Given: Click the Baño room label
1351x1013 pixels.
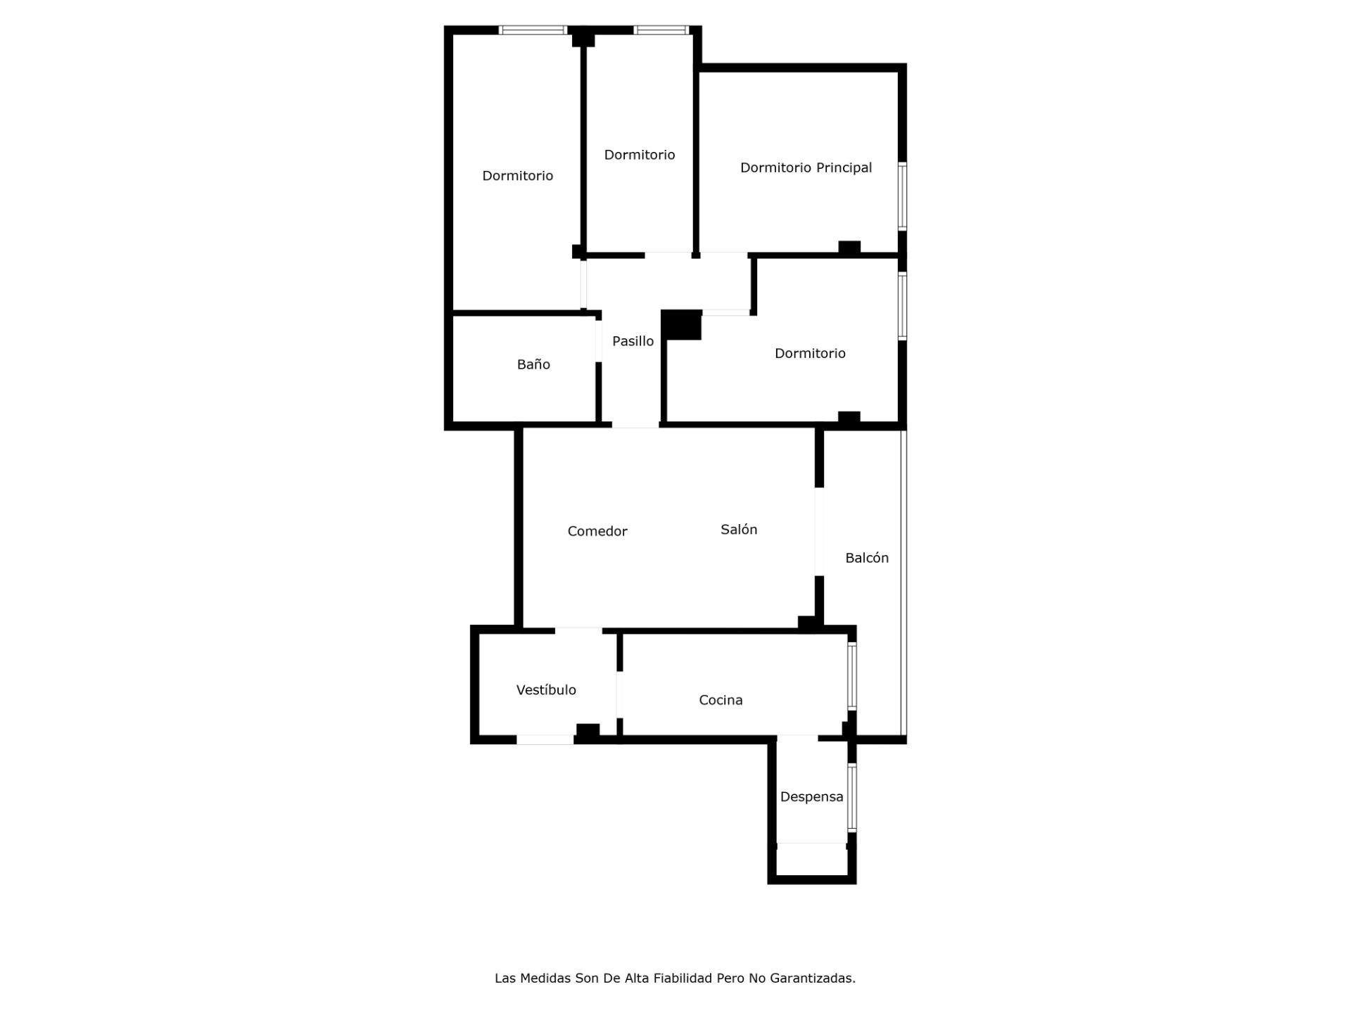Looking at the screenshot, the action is pos(533,364).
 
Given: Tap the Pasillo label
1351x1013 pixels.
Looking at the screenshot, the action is pos(633,341).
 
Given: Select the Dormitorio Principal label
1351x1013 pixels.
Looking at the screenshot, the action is pos(806,167).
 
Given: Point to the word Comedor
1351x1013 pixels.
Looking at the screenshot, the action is pos(597,531).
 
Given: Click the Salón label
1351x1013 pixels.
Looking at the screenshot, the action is pos(739,529).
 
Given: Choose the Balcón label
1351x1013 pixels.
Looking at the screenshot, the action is pos(867,558).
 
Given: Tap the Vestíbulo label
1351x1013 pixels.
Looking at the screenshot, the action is pos(546,690).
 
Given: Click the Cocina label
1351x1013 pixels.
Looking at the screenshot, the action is pos(721,700).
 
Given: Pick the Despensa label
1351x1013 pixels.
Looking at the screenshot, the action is pos(811,797).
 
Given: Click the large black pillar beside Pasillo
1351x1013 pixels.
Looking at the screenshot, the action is pos(681,325).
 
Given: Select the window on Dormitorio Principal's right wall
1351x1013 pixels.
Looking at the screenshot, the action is pos(902,196).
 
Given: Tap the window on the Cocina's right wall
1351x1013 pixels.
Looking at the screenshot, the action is pos(851,675).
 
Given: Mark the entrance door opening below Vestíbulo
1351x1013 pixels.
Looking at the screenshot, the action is pos(545,739).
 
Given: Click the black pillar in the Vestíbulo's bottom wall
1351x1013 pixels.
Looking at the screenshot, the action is pos(588,732).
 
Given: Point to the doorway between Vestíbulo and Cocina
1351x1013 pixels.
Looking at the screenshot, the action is pos(620,694).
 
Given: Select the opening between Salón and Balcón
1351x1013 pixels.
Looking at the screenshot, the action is pos(819,531).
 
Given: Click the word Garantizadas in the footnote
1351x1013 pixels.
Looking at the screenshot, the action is pos(813,978).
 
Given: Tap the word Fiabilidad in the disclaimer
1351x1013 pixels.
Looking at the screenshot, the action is pos(683,978).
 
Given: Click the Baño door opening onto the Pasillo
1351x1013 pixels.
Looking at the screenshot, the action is pos(599,340).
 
